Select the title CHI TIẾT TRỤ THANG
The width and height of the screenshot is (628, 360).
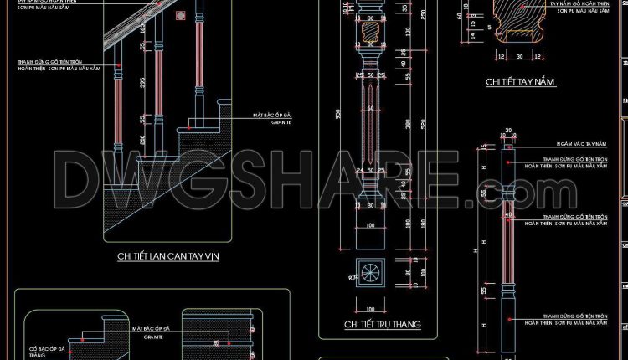click(x=382, y=324)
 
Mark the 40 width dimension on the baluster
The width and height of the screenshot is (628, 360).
click(x=508, y=215)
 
